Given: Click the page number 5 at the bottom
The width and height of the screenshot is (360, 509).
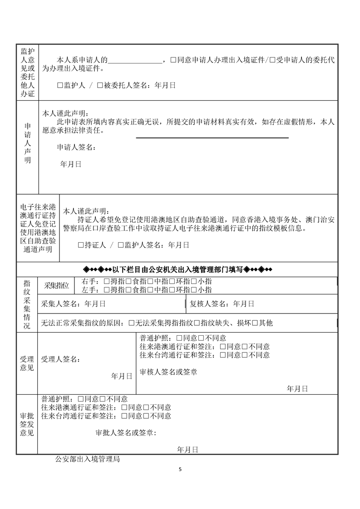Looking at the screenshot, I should (180, 469).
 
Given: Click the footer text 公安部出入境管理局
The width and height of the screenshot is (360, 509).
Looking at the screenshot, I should (87, 459).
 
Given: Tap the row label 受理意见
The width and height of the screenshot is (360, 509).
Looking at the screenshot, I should (27, 363).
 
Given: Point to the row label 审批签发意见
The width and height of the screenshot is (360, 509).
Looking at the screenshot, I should (27, 424).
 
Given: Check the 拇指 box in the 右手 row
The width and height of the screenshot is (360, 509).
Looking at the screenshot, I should (107, 281).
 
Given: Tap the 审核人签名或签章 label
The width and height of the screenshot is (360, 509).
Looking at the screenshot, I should (168, 372).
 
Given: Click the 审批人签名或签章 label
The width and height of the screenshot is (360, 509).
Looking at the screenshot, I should (126, 433).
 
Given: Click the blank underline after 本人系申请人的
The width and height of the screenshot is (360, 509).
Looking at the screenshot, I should (135, 60).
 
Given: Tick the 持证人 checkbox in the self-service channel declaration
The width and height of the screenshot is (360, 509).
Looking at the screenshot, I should (81, 245).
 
